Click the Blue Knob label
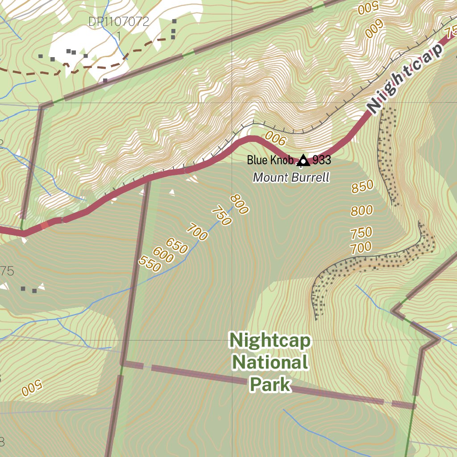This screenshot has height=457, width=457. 270,160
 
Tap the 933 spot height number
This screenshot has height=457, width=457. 321,160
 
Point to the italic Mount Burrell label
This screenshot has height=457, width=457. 291,178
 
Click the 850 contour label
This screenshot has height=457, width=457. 362,187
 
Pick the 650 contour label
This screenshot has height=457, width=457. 177,246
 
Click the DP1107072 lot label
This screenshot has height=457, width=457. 118,21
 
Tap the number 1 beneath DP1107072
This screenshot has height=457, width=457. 118,35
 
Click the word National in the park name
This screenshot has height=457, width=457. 270,362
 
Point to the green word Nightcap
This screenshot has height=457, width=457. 270,341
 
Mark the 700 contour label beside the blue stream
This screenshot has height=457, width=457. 197,233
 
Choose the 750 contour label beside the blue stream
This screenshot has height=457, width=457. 221,216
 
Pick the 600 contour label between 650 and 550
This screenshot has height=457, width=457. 163,256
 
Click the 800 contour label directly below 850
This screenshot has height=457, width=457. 361,210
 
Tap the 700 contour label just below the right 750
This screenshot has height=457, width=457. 361,247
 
